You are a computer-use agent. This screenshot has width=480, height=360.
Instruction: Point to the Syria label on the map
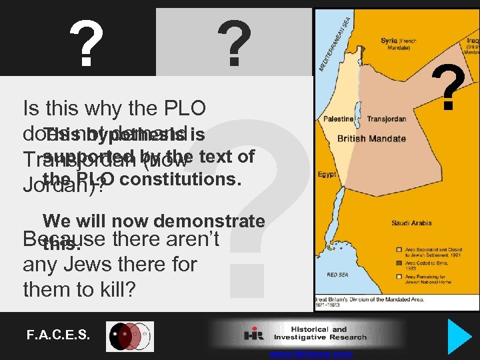pos(389,41)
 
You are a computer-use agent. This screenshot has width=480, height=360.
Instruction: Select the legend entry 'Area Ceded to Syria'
pos(419,265)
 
